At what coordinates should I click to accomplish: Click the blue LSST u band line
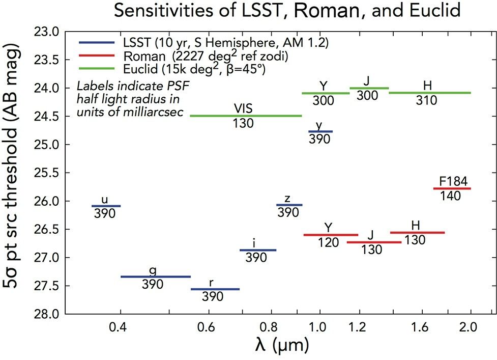(106, 206)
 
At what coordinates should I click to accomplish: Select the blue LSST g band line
(155, 276)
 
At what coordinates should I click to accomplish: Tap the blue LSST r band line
(215, 289)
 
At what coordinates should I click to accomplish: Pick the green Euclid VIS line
(246, 116)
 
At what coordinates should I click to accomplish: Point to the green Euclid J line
(369, 88)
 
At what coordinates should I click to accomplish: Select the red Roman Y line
(331, 235)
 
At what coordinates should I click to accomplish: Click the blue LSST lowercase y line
(320, 131)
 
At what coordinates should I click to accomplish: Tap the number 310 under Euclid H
(426, 101)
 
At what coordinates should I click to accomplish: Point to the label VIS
(243, 108)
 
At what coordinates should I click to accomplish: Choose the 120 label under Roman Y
(328, 243)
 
